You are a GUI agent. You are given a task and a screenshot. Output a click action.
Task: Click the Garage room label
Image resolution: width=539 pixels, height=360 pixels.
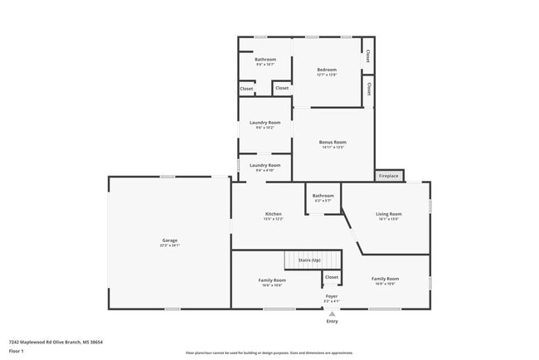coord(169,241)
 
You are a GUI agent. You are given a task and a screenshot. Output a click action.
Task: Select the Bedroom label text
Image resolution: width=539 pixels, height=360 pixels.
coord(327,70)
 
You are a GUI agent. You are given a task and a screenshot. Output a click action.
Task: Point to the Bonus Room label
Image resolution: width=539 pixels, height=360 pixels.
coord(333,142)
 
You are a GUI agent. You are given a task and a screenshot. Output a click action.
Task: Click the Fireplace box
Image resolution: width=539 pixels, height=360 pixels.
coord(388,176)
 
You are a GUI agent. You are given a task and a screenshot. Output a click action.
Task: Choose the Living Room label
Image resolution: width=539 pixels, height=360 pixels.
coord(389,214)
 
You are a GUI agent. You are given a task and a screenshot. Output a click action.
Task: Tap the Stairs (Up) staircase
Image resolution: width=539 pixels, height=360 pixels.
coord(313,260)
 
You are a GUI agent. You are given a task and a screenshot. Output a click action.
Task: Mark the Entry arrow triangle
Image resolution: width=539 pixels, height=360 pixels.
coord(332,314)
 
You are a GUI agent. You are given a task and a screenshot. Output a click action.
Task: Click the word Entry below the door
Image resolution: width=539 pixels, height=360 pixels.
coord(332,321)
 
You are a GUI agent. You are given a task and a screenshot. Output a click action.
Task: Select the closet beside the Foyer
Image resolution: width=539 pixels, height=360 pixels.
coord(332,277)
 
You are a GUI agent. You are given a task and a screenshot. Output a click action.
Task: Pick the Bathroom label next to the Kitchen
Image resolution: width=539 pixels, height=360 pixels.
coord(323,196)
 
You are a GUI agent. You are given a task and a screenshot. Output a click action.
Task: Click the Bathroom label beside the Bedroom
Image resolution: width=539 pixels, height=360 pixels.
coord(265,60)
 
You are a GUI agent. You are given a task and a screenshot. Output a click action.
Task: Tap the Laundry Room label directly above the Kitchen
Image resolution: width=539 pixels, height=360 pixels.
coord(265,165)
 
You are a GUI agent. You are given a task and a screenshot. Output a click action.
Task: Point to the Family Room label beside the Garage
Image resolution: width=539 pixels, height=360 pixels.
coord(272,280)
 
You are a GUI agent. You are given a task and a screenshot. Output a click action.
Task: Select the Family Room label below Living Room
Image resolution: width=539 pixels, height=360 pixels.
coord(385,279)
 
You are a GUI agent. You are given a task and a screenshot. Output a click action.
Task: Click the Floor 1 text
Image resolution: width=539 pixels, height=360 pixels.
coord(17,351)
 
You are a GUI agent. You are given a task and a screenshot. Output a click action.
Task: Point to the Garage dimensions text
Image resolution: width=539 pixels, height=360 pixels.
coord(169,246)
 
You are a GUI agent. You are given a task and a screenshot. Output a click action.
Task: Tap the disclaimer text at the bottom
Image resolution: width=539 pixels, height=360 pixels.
coord(269,353)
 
